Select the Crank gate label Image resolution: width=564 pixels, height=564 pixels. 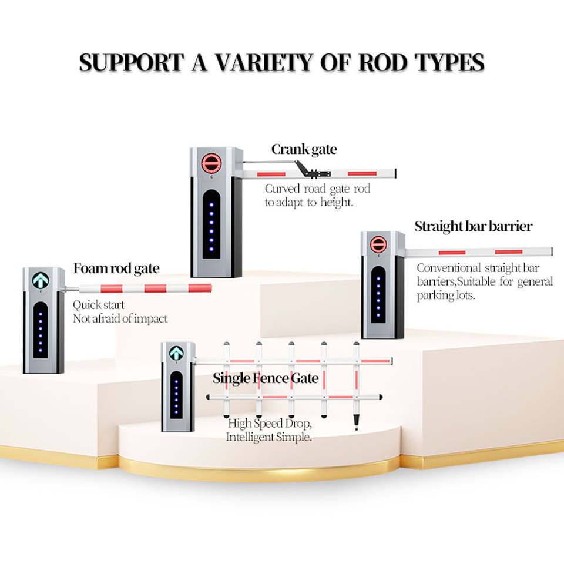point(304,149)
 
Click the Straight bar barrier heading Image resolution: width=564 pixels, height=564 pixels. point(473,226)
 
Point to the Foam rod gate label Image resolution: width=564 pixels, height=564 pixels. point(116,268)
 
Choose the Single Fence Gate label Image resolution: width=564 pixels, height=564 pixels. point(266,378)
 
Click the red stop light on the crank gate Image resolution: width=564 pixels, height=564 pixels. point(211,163)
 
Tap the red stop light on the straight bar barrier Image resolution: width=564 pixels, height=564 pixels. point(378,244)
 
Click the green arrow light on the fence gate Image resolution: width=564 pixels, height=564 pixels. point(176,353)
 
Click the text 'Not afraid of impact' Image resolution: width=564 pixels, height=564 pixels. point(120,318)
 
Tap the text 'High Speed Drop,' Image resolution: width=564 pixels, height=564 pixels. point(270,424)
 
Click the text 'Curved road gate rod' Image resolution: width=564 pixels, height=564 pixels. point(317,189)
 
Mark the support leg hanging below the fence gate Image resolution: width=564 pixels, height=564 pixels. point(356,417)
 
